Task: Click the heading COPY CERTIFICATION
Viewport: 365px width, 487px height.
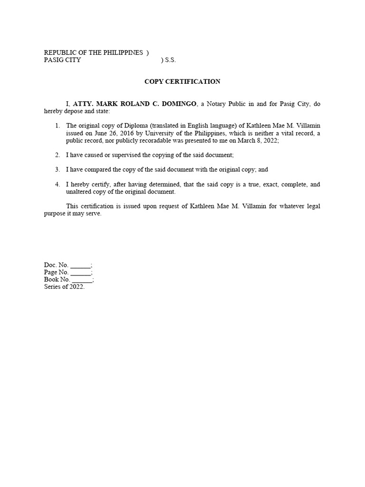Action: point(182,81)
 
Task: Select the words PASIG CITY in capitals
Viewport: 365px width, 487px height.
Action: point(62,60)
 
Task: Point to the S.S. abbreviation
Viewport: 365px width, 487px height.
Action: point(170,60)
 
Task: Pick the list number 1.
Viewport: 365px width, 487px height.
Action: point(57,126)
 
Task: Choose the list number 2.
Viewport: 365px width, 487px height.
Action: point(57,155)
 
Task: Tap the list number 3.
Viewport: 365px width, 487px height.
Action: point(57,169)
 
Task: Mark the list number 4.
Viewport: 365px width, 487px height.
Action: point(57,184)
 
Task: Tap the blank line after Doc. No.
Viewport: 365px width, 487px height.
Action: point(80,265)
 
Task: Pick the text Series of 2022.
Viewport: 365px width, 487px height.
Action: point(64,287)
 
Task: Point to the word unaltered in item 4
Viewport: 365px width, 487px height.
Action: point(79,192)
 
